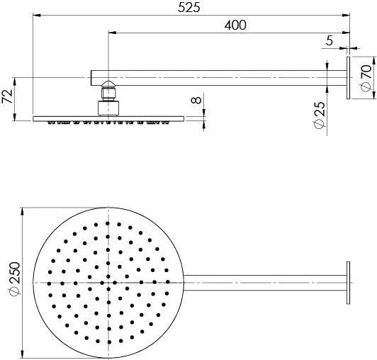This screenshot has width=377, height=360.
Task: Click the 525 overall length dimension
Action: (189, 8)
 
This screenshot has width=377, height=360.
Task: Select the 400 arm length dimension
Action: (235, 25)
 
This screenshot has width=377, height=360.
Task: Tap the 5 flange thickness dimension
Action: (329, 41)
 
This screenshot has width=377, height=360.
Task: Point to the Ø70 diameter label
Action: (366, 76)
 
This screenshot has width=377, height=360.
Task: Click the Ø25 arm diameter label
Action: (320, 114)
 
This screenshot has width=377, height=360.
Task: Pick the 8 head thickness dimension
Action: (198, 100)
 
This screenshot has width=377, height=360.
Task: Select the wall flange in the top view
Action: (349, 283)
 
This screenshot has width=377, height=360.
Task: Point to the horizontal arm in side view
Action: (220, 76)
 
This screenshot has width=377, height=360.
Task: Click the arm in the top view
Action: (262, 283)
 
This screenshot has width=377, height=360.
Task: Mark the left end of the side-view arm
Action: (93, 76)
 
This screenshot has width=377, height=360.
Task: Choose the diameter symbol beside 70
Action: (366, 86)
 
